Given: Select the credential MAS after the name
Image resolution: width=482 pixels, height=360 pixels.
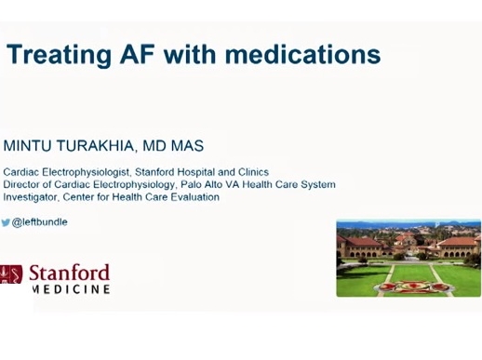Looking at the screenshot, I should [186, 146].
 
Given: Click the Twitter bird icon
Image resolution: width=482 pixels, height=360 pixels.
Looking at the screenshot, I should [6, 223].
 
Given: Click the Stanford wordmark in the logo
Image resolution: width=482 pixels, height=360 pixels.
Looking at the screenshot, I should [69, 273].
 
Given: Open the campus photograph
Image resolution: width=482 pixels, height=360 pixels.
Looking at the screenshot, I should [408, 258].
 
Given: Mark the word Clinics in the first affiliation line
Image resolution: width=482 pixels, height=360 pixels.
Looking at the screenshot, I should [252, 172].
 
